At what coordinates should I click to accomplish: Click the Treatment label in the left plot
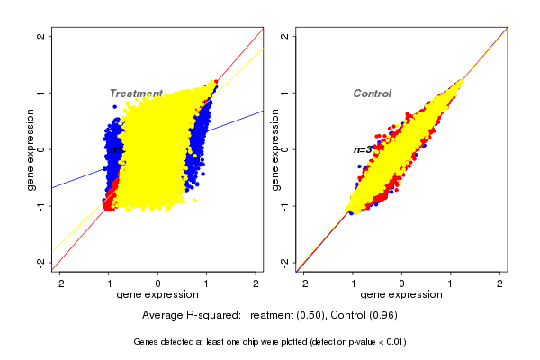point(136,94)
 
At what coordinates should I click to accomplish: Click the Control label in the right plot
point(372,94)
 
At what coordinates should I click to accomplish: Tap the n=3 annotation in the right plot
point(363,149)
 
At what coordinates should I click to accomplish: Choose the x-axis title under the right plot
point(401,295)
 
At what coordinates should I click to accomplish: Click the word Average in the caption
point(163,316)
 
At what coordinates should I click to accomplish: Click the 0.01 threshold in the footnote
point(392,342)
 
